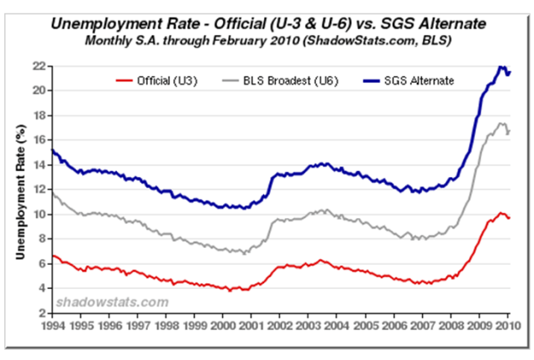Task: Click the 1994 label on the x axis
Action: [53, 323]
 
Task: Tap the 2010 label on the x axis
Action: [506, 323]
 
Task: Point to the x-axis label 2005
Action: [366, 323]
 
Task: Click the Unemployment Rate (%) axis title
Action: [20, 189]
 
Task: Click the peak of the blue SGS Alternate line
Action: [500, 67]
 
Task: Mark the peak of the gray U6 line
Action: [501, 124]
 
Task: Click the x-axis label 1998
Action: [168, 323]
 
